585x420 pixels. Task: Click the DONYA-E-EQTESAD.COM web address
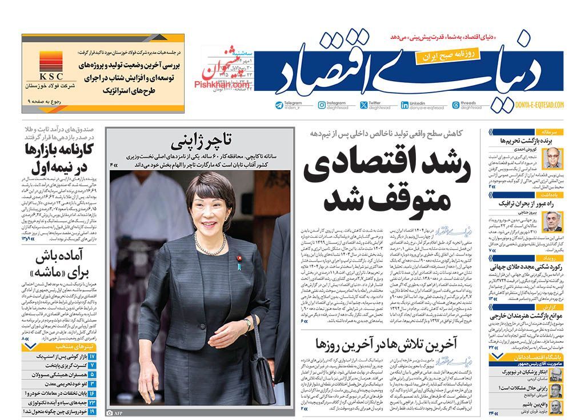pyautogui.click(x=539, y=105)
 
